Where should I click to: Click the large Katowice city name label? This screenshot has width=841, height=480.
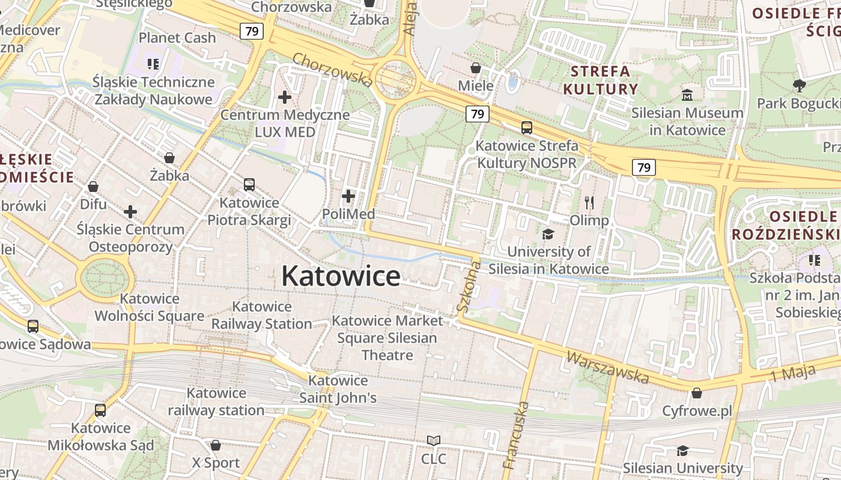(341, 276)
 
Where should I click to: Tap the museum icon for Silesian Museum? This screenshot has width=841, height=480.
(687, 95)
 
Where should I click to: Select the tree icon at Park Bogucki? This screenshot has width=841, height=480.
(799, 85)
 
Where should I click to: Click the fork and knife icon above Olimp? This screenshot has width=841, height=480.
(589, 203)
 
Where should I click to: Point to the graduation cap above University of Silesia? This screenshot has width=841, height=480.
(548, 234)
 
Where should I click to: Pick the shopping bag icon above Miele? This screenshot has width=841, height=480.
(476, 68)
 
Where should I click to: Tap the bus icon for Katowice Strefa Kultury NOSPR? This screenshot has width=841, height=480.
(527, 127)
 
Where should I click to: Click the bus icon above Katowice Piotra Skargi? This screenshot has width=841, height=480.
(249, 185)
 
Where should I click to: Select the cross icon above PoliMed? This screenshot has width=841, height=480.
(348, 196)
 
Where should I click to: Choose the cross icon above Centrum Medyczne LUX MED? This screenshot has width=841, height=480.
(285, 97)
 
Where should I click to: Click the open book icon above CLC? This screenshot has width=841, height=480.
(434, 441)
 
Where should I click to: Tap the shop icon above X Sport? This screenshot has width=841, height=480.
(216, 445)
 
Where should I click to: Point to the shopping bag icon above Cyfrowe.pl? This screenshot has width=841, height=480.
(697, 393)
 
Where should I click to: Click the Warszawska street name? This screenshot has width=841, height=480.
(608, 367)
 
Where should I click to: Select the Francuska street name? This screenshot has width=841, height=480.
(517, 435)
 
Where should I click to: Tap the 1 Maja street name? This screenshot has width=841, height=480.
(794, 371)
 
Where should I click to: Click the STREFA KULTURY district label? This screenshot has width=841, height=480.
(600, 80)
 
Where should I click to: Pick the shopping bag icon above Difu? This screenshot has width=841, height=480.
(93, 187)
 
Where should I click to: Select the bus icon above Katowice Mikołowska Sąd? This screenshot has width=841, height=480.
(100, 410)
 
